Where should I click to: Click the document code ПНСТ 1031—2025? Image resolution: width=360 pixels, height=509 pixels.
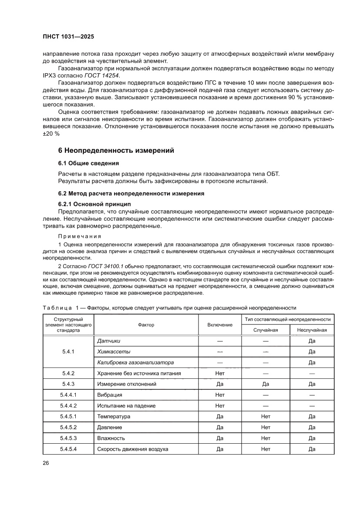click(68, 37)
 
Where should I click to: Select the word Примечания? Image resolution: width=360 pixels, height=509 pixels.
click(80, 236)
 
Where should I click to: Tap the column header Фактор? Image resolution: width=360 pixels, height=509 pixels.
click(146, 325)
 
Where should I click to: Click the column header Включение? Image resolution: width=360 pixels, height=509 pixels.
click(219, 325)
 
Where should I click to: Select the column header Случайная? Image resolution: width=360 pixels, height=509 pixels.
click(266, 330)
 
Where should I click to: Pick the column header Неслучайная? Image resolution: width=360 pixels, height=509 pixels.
click(312, 330)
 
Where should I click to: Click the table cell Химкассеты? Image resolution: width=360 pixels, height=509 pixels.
click(114, 351)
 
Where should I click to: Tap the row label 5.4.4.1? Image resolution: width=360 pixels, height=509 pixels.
click(68, 395)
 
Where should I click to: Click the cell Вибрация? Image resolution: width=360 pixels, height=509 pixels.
click(109, 395)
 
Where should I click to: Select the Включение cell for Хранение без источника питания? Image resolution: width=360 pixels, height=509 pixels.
click(219, 373)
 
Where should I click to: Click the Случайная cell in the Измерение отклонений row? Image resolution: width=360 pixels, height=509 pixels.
click(266, 384)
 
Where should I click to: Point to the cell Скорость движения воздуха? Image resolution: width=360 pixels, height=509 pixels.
click(133, 449)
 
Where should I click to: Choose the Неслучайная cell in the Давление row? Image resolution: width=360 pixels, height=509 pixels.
click(312, 427)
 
